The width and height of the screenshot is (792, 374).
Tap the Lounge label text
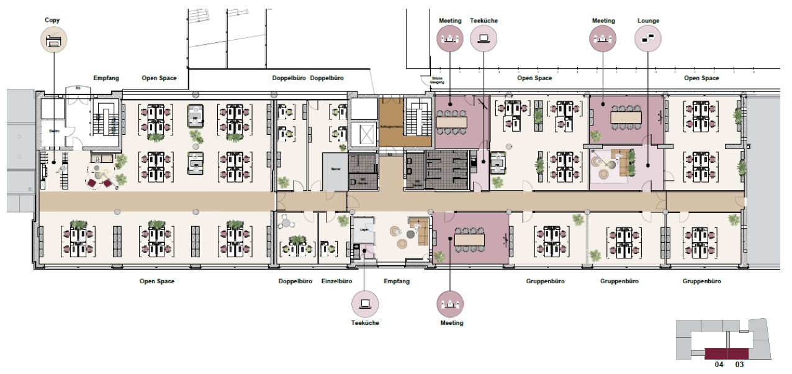tap(647, 21)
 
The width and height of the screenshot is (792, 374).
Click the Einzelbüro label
tap(336, 281)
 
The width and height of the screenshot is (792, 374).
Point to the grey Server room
tap(335, 169)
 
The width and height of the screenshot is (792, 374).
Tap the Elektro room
tap(53, 131)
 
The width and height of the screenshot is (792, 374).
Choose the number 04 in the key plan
tap(719, 365)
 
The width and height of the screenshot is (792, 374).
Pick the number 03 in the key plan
tap(739, 365)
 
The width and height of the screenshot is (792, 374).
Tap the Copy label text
tap(52, 21)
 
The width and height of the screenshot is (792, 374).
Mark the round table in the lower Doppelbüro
tap(286, 221)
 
